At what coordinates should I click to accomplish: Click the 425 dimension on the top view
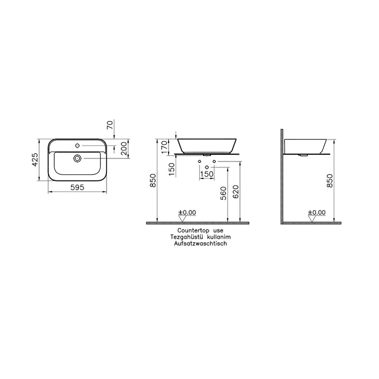[x=35, y=160]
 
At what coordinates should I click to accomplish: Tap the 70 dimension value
[x=110, y=126]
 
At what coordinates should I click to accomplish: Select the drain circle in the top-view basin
[x=77, y=158]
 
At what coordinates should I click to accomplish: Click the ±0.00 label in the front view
[x=188, y=213]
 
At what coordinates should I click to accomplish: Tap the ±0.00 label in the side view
[x=317, y=213]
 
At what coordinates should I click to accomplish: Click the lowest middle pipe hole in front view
[x=207, y=167]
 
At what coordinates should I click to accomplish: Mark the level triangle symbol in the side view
[x=313, y=218]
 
